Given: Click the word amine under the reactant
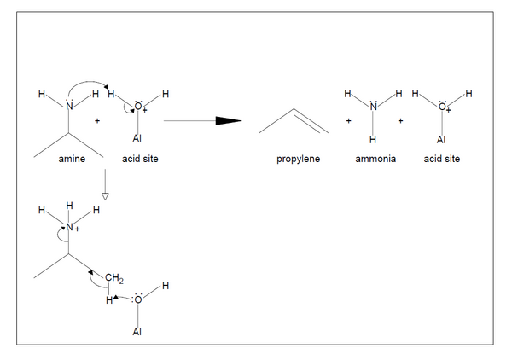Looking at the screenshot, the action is pos(72,159).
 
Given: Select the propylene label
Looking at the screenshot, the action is pos(298,160).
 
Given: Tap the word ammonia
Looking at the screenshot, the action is pos(375,159).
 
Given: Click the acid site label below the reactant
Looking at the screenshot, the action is pos(140,159).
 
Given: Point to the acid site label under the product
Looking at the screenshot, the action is pos(442,159).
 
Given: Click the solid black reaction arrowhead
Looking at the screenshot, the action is pos(229,121).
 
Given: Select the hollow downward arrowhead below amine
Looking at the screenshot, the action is pos(105,196).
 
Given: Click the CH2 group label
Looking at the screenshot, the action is pos(114,278).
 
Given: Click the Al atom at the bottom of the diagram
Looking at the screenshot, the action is pos(137,332).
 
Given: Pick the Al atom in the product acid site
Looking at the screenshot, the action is pos(441,140).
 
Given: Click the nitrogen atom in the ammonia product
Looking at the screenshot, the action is pos(374,106).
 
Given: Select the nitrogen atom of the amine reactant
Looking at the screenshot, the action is pos(69,106).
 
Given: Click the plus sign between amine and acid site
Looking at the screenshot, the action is pos(97,121).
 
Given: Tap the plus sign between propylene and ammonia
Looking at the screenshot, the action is pos(348,121).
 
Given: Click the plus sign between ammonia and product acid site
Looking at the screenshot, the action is pos(401,121).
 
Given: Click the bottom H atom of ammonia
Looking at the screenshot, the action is pos(373,140).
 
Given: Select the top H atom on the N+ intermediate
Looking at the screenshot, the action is pos(69,206).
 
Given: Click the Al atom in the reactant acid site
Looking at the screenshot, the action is pos(137,138).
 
